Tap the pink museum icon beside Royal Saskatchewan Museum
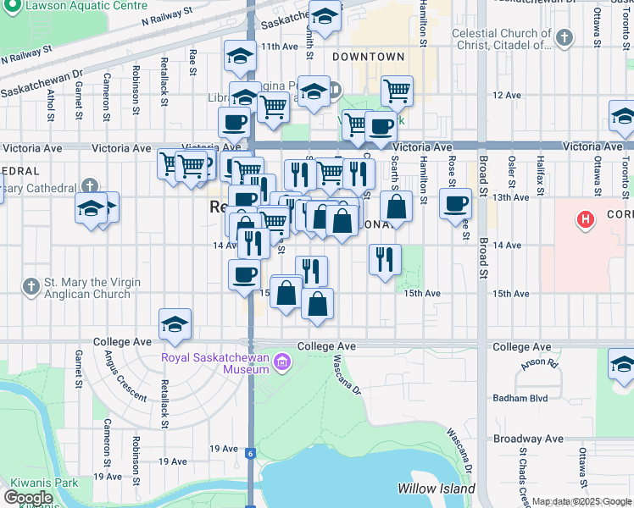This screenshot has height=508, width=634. tap(282, 364)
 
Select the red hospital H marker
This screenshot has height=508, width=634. tap(584, 221)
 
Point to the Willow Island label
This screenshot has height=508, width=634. tap(432, 489)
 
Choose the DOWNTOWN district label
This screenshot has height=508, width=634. tap(368, 57)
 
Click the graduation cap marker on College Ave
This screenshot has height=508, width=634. tap(175, 325)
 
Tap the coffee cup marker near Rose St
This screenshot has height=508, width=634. tap(455, 204)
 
